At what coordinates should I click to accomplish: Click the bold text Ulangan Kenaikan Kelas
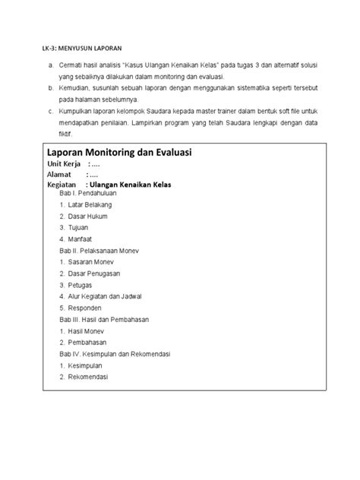[131, 185]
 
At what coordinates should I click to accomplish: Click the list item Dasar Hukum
[87, 216]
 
